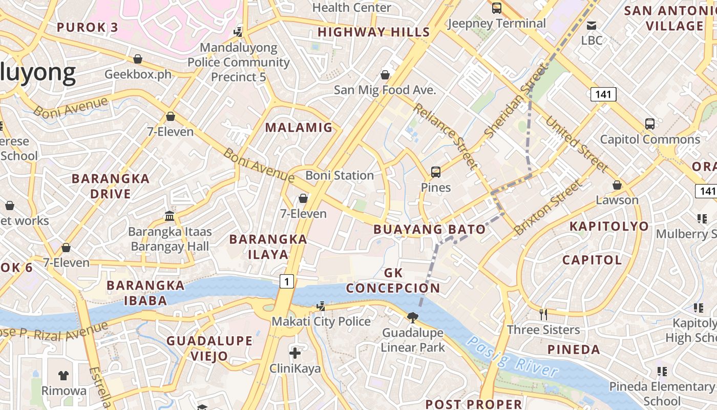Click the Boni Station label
coord(340,175)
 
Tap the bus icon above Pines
coord(435,172)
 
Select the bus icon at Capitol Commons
coord(649,124)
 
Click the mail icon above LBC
coord(592,25)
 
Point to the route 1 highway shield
coord(287,281)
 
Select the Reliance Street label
coord(445,135)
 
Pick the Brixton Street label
coord(549,207)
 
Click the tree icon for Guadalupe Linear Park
coord(412,318)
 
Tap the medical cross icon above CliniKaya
coord(295,353)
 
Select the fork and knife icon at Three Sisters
coord(543,314)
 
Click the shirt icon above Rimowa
coord(64,375)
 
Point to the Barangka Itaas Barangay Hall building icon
coord(170,216)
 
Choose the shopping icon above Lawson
coord(617,184)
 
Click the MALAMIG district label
coord(299,128)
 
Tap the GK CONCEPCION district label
coord(393,280)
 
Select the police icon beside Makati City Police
coord(321,306)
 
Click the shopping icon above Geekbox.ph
coord(137,59)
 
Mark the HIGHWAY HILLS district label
coord(374,32)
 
